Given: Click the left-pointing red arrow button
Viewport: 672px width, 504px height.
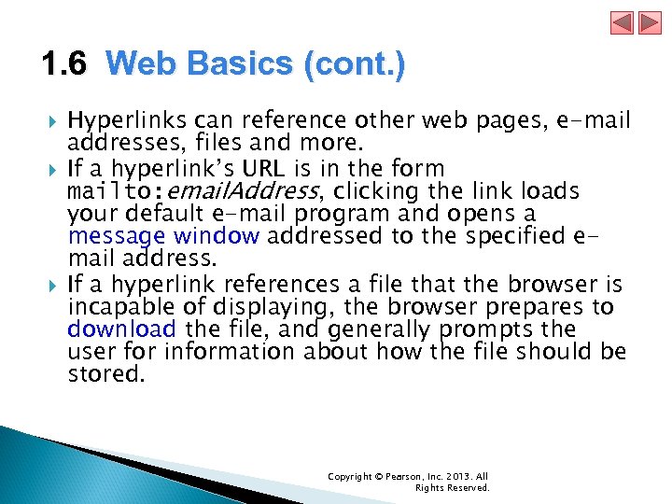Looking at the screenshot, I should (x=623, y=23).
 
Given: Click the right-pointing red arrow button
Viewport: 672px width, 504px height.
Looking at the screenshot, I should (x=648, y=23).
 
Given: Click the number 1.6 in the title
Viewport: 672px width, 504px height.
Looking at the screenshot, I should (x=63, y=65).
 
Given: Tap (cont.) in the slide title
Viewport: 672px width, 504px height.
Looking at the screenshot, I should (x=356, y=65).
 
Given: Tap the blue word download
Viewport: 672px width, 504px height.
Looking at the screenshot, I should (x=121, y=329).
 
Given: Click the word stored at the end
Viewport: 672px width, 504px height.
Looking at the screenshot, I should (x=106, y=375).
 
